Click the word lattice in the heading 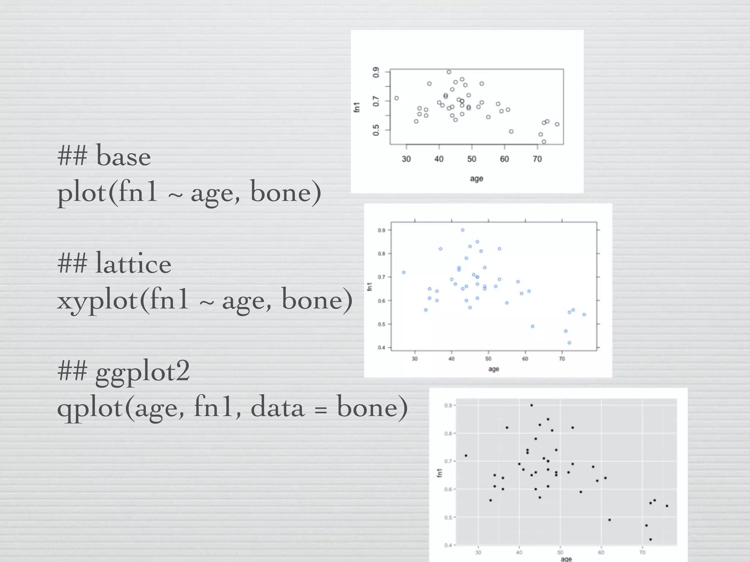(133, 264)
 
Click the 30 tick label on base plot (406, 159)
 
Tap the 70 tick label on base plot (537, 159)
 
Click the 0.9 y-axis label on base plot (376, 72)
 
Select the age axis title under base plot (476, 179)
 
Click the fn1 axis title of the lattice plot (370, 286)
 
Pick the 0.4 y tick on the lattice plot (382, 348)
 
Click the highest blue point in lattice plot (463, 230)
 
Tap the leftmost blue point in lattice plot (404, 272)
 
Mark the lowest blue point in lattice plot (569, 343)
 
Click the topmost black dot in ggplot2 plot (531, 405)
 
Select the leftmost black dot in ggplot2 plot (466, 456)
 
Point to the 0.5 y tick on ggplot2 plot (448, 517)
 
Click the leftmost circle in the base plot (396, 98)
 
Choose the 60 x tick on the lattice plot (525, 359)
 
